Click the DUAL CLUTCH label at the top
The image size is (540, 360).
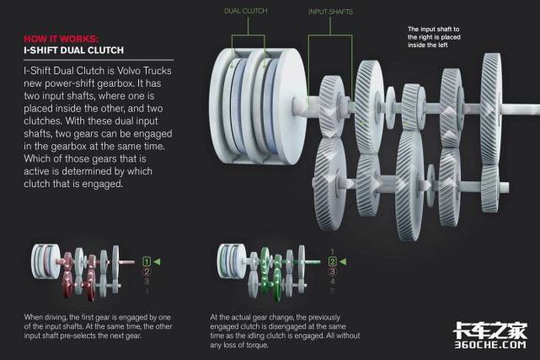pos(245,11)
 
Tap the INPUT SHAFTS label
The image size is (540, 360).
pos(330,12)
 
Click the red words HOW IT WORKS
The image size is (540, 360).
pos(61,39)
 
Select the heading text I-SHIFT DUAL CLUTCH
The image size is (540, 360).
pos(73,51)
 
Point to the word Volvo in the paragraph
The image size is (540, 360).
pos(129,71)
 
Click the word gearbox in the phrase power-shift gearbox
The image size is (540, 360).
pos(115,83)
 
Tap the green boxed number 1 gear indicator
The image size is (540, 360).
pos(147,261)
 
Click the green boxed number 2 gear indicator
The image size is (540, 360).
pos(332,261)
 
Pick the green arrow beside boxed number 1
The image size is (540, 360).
pos(157,262)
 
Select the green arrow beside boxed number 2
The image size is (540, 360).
pos(343,262)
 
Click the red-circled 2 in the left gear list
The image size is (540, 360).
pos(147,271)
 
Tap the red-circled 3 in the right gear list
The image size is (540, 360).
pos(332,271)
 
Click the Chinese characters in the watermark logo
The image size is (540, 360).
pos(490,330)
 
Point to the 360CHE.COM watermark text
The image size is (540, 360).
pos(490,345)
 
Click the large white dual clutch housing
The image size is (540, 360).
pos(258,105)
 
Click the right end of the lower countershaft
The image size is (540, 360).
pos(507,187)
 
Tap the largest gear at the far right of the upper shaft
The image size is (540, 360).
pos(491,110)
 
